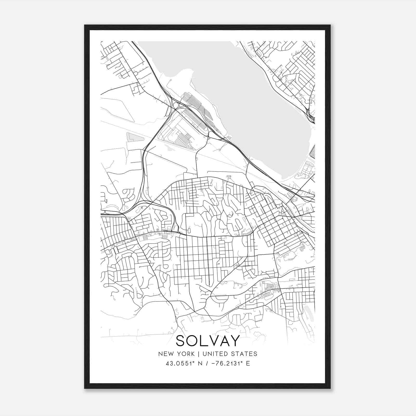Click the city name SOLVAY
(208, 341)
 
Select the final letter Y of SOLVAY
(235, 341)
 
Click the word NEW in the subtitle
(165, 354)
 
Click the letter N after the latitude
(200, 363)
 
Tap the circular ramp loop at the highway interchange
(176, 105)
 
